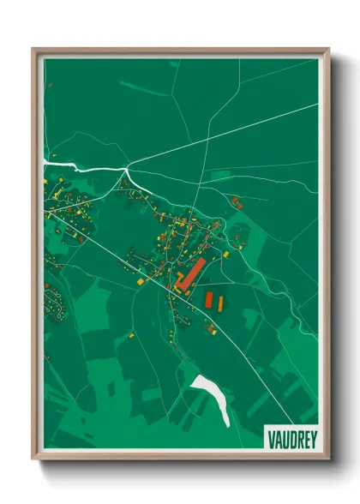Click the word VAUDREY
click(291, 435)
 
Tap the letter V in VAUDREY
click(270, 435)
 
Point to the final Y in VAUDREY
click(311, 435)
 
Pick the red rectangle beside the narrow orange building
click(208, 300)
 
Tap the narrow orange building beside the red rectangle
click(219, 303)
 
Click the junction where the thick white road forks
click(127, 171)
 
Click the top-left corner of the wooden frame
click(33, 50)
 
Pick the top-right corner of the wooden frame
click(328, 50)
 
